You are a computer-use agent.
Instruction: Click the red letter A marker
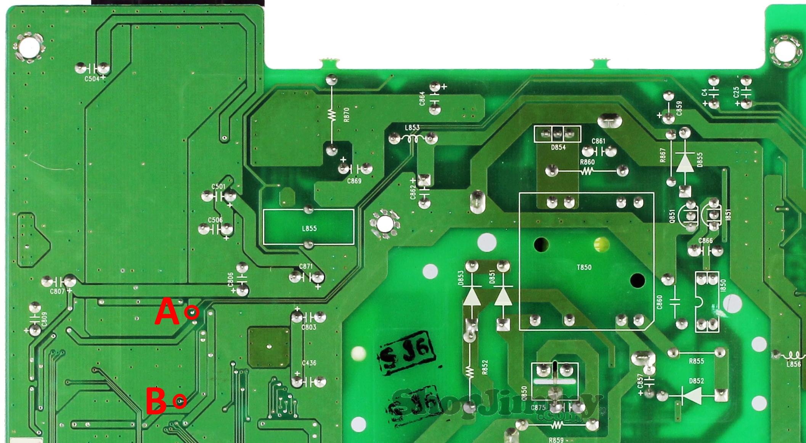[x=167, y=312]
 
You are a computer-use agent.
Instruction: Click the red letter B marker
[x=156, y=401]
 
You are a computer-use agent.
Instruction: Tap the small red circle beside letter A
[x=191, y=312]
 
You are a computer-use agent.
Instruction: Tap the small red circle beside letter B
[x=180, y=401]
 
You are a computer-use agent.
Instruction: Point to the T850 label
[x=584, y=267]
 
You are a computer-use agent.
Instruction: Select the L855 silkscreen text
[x=309, y=229]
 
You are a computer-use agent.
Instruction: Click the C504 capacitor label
[x=92, y=79]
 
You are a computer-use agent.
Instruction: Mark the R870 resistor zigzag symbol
[x=332, y=114]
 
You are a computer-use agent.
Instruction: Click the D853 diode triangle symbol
[x=472, y=296]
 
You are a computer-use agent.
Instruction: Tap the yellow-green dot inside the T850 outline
[x=601, y=243]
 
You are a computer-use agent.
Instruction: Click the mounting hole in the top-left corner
[x=30, y=47]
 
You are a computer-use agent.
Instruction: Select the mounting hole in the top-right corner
[x=784, y=51]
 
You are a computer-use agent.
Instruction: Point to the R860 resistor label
[x=587, y=162]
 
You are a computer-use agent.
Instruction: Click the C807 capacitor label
[x=57, y=292]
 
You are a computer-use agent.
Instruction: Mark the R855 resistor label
[x=696, y=361]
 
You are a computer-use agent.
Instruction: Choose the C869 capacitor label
[x=354, y=181]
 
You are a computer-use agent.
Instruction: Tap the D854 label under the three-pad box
[x=558, y=147]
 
